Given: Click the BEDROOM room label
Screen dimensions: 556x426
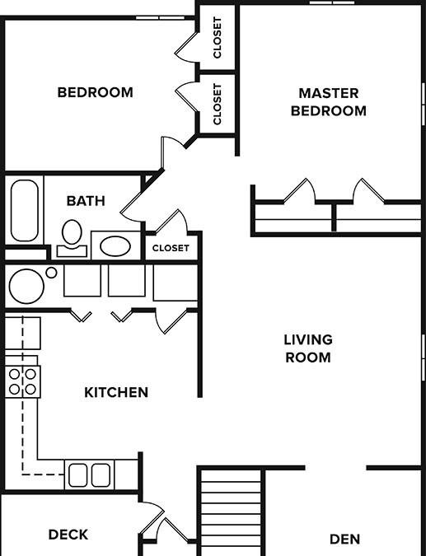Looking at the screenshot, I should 95,92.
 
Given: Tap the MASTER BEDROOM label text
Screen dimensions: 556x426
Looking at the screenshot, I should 328,102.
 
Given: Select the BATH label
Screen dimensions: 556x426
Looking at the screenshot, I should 86,200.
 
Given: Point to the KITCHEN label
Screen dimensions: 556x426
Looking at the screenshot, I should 116,392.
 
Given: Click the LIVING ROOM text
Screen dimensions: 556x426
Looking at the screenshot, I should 307,348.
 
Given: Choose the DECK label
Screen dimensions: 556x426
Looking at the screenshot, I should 68,535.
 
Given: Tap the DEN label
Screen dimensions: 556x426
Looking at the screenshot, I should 344,540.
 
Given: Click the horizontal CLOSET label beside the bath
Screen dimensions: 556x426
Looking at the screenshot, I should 171,248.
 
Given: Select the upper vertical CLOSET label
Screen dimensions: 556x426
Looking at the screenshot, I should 218,38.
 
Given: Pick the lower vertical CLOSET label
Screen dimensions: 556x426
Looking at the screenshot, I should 218,104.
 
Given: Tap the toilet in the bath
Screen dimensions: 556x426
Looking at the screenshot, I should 73,236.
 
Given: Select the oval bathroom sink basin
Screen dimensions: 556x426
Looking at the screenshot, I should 115,246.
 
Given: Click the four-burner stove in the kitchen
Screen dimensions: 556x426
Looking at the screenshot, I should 22,381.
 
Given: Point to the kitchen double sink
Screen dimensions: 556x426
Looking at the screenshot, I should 89,475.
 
